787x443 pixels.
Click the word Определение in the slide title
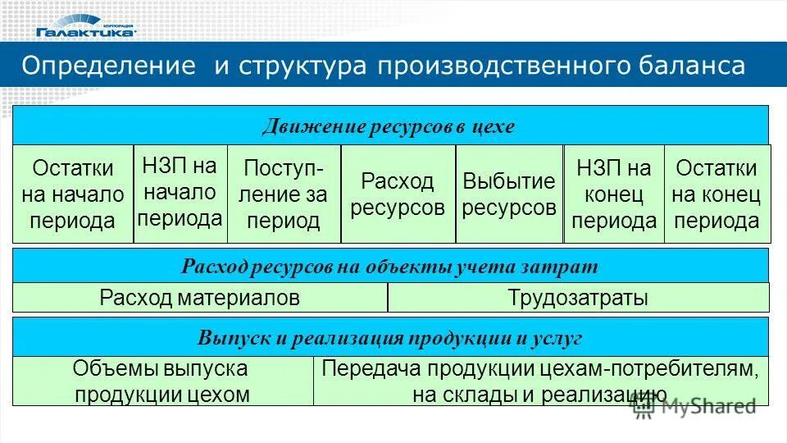click(109, 66)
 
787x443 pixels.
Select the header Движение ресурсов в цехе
click(389, 126)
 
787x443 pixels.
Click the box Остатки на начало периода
click(73, 194)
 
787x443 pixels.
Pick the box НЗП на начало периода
click(180, 193)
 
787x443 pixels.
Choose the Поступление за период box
click(284, 194)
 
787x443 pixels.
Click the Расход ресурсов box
click(398, 194)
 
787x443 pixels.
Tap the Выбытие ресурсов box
click(509, 194)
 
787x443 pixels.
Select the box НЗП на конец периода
click(614, 194)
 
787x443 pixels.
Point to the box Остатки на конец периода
click(716, 194)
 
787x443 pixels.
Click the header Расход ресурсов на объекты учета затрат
click(389, 267)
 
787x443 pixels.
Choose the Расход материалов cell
click(199, 298)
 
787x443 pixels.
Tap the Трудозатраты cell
click(578, 298)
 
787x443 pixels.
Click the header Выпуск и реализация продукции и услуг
click(389, 337)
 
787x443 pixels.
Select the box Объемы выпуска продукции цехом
click(161, 381)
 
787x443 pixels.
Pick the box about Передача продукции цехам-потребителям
click(541, 381)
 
